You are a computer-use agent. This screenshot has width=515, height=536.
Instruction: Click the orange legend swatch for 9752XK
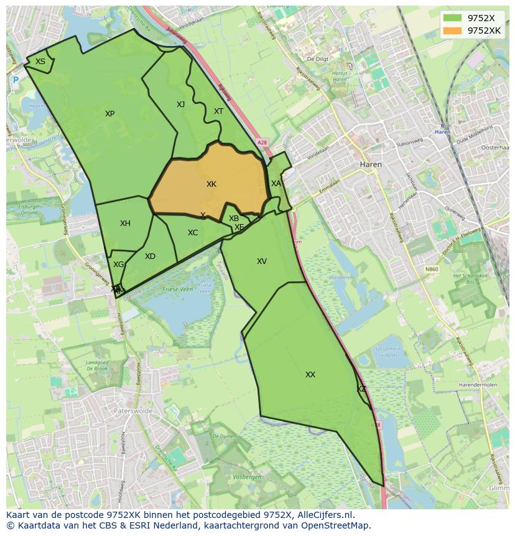click(453, 31)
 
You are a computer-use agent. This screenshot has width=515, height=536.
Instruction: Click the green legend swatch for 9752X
click(453, 18)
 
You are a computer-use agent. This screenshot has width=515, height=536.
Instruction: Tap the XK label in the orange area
click(211, 184)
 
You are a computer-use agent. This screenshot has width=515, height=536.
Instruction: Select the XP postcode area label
click(109, 114)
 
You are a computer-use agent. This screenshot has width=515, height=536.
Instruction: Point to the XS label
click(40, 62)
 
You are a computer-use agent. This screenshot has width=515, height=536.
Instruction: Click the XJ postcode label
click(180, 105)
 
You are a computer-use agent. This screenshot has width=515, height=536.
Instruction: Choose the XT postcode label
click(218, 111)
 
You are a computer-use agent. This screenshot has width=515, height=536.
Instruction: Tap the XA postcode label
click(276, 184)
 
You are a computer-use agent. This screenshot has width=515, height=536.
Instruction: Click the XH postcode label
click(125, 223)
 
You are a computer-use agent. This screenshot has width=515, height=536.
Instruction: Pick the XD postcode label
click(150, 256)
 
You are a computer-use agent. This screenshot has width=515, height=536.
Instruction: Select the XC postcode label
click(193, 233)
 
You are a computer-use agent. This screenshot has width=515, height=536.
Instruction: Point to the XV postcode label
click(262, 261)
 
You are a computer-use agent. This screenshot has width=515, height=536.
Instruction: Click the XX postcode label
click(310, 375)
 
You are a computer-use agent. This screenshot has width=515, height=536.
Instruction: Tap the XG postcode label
click(118, 265)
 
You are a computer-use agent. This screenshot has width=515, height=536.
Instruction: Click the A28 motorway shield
click(262, 143)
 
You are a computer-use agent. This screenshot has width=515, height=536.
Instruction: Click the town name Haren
click(371, 164)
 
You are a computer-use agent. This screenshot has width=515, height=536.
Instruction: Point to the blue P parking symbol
click(16, 80)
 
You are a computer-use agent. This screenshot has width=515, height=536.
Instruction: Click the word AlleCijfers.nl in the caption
click(323, 515)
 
